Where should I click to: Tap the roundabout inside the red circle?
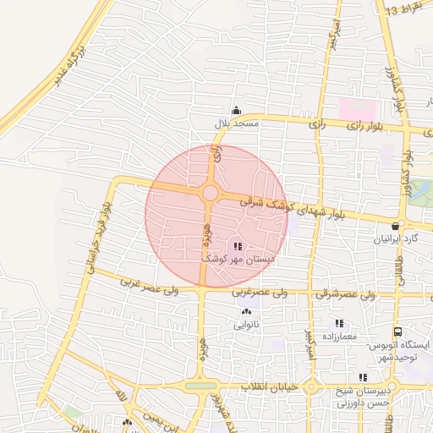click(209, 194)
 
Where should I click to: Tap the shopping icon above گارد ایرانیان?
click(396, 226)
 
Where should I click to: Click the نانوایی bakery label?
click(246, 324)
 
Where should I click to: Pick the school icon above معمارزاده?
click(339, 323)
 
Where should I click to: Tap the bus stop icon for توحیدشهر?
click(397, 332)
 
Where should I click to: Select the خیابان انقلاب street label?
click(266, 386)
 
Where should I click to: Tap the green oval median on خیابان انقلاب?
click(201, 386)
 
